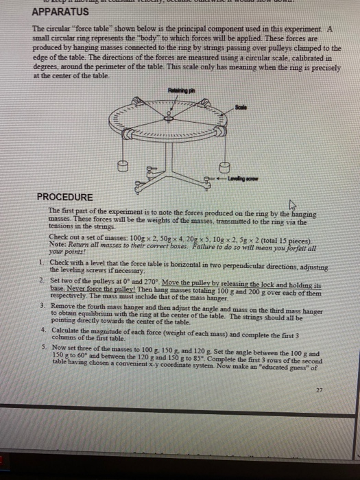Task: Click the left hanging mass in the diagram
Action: click(123, 166)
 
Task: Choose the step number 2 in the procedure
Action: click(41, 281)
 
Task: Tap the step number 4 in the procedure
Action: click(41, 329)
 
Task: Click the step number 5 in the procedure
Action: click(41, 348)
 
